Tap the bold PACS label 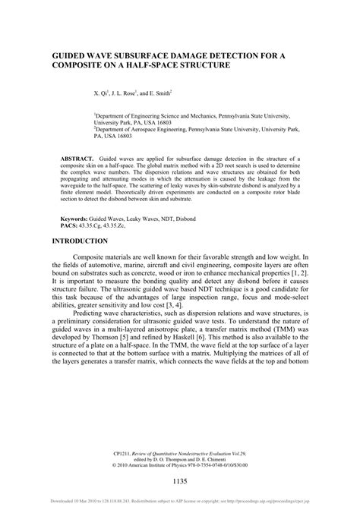[x=71, y=225]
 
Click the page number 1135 [x=180, y=481]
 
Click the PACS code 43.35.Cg [x=99, y=225]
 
